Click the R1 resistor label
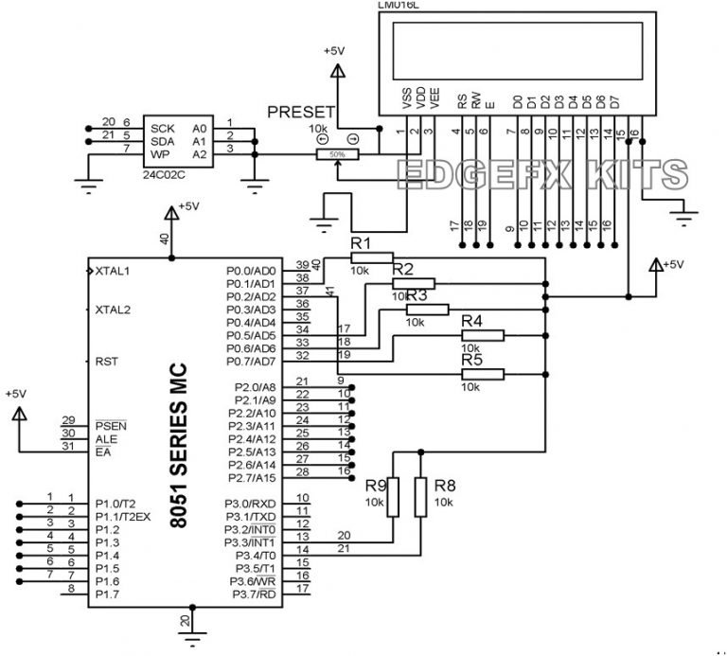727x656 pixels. (361, 244)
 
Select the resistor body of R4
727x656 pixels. (483, 334)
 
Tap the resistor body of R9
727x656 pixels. (394, 498)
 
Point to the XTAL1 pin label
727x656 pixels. (112, 271)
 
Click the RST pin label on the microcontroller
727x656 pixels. (106, 362)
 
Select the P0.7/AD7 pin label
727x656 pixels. (251, 362)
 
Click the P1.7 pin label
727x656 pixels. (107, 594)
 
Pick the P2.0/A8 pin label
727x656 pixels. (254, 387)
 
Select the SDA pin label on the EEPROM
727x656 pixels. (162, 140)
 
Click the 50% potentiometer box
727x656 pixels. (337, 154)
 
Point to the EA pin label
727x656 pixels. (103, 452)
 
